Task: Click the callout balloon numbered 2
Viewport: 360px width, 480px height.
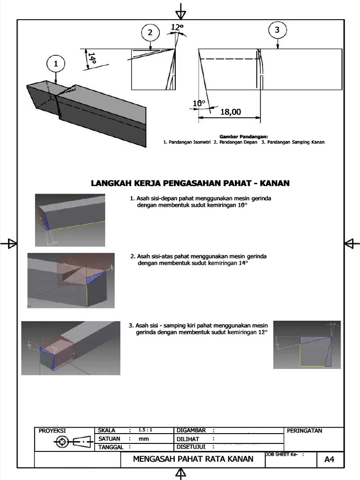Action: pos(150,33)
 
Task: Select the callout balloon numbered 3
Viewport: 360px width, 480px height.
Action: pos(277,30)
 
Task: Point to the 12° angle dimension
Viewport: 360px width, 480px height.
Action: pos(177,28)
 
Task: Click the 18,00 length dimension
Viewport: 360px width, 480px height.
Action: pos(230,112)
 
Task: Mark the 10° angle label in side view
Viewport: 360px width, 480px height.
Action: pos(199,103)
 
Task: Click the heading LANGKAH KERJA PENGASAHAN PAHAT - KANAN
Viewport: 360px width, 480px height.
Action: pos(190,183)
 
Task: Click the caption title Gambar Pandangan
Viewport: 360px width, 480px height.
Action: pos(243,136)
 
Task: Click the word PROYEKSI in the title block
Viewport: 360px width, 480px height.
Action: pos(52,431)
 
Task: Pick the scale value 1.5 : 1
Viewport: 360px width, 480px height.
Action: pos(145,430)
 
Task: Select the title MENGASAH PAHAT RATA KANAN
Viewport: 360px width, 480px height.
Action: pos(193,459)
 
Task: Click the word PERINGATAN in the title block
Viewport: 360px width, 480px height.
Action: pos(304,431)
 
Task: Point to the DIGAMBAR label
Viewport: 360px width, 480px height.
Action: pos(192,430)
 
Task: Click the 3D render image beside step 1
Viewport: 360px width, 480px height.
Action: pos(70,220)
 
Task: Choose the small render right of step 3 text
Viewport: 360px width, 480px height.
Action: pos(307,345)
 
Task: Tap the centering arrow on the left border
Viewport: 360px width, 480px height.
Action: pos(9,243)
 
